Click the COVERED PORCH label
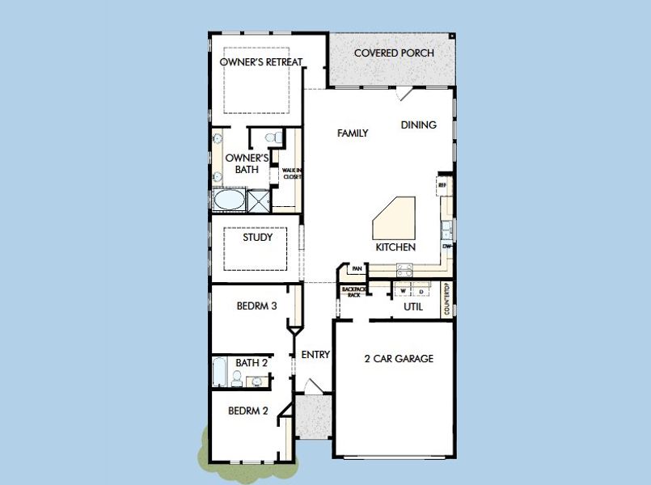pos(394,53)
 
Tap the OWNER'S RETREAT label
pos(261,61)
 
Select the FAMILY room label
pos(353,133)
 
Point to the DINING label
pos(418,124)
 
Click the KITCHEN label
pos(395,247)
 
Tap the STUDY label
pos(257,238)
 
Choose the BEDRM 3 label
pos(257,306)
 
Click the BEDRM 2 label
pos(247,411)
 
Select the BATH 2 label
pos(248,363)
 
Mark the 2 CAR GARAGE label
pos(399,358)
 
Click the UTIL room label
pos(412,306)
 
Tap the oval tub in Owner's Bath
pos(229,199)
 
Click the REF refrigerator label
pos(442,184)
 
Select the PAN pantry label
pos(356,269)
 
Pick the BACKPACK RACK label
pos(353,292)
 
